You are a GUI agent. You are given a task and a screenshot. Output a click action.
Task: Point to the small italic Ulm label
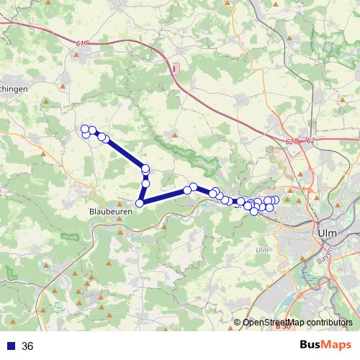point(262,250)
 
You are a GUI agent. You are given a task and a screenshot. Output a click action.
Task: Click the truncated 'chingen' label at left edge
point(14,89)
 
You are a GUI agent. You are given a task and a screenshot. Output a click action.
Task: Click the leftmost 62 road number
point(289,142)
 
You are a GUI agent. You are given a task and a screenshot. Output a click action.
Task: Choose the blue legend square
point(11,346)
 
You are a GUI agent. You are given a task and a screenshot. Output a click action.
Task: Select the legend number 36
point(27,346)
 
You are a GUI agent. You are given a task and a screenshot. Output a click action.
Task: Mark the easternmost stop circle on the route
point(275,199)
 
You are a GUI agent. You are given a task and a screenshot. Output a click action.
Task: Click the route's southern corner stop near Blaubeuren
point(140,203)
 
